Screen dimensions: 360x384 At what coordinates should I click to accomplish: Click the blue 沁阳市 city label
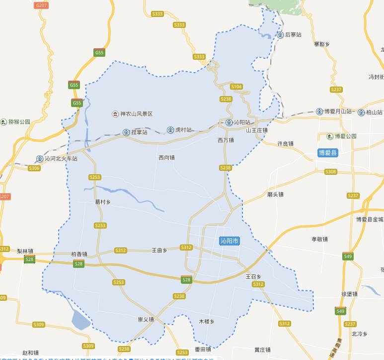pos(230,241)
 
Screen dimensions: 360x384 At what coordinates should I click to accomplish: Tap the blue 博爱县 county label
pos(328,153)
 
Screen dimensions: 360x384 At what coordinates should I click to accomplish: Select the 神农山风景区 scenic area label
pos(136,114)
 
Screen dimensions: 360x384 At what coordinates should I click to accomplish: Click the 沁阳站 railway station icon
pos(229,122)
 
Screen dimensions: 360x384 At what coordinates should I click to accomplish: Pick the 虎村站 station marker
pos(171,129)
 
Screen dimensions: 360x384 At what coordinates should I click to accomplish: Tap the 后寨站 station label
pos(294,35)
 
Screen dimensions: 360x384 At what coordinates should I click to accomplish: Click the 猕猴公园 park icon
pos(4,121)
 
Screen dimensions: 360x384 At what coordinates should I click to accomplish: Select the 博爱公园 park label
pos(346,136)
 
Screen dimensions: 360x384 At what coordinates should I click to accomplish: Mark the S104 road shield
pos(237,87)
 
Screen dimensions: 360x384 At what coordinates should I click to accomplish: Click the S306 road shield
pos(34,168)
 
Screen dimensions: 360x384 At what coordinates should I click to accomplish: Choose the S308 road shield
pos(330,172)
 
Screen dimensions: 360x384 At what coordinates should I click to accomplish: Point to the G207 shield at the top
pos(42,4)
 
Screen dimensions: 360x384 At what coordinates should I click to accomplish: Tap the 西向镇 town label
pos(166,158)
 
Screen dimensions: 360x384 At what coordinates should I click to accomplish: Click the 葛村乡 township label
pos(102,202)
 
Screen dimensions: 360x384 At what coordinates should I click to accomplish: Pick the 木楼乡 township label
pos(206,322)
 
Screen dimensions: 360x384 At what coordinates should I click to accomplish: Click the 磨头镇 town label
pos(275,195)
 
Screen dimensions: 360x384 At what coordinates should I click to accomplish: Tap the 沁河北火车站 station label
pos(61,159)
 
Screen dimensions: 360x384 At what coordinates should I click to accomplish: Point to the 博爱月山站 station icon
pos(319,112)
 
